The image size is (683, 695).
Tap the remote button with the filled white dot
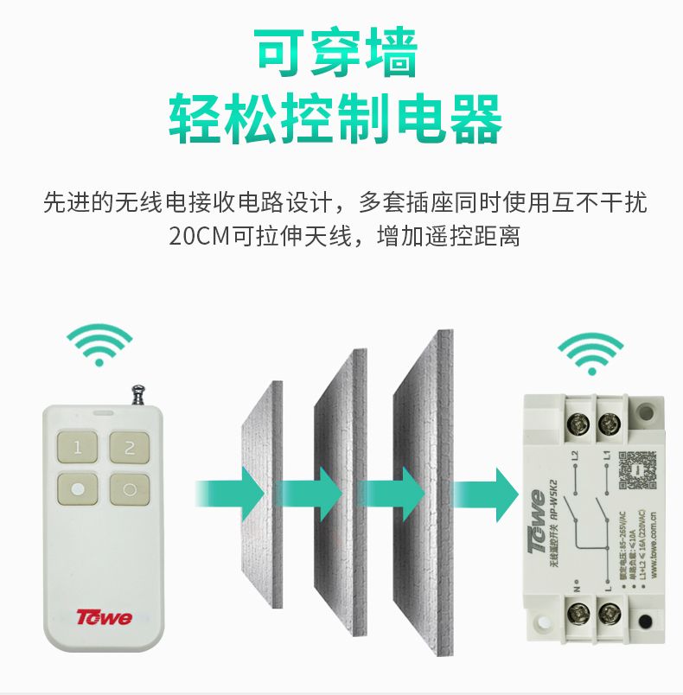click(78, 489)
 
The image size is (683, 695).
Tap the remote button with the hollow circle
click(130, 489)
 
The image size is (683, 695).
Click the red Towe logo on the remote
click(104, 617)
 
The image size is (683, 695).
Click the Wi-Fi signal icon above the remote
click(100, 345)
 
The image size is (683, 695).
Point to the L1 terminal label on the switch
click(607, 453)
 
